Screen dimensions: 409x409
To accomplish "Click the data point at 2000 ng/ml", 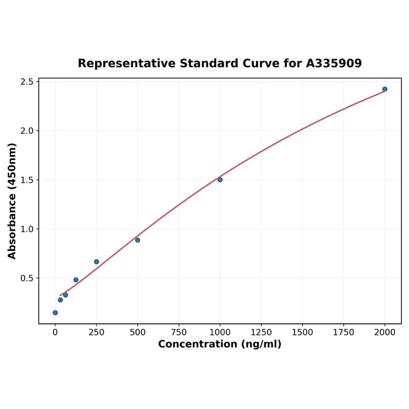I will point(385,89).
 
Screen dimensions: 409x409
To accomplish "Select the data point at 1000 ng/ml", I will point(220,180).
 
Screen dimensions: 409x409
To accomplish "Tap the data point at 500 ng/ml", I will point(138,240).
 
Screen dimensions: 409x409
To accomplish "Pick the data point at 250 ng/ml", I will point(96,262).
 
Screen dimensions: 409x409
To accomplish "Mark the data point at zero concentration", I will point(55,313).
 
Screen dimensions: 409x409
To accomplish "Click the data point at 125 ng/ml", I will point(76,280).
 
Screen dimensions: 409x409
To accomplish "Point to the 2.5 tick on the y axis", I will point(27,82).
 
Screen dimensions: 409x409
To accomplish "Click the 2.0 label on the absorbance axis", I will point(27,131).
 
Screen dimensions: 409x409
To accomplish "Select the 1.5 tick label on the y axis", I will point(27,180).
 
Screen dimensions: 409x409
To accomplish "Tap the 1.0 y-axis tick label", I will point(27,229).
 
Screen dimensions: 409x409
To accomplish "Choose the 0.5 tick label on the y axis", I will point(27,278).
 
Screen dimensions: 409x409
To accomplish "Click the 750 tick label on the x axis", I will point(179,332).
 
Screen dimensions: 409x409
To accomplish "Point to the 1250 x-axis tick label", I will point(261,332).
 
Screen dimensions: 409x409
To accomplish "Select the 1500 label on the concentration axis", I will point(302,332).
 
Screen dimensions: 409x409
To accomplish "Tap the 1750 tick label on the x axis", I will point(344,332).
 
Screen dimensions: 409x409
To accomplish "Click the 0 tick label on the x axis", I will point(55,332).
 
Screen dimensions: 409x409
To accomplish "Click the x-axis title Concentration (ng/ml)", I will point(219,344).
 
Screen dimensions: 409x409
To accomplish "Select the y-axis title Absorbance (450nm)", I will point(12,201).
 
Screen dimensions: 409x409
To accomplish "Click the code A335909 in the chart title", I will point(334,63).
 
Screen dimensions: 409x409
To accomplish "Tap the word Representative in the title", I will point(126,63).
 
